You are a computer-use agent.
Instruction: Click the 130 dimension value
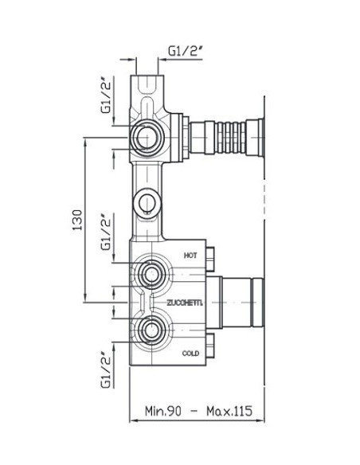click(77, 220)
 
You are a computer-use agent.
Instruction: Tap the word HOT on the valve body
click(190, 256)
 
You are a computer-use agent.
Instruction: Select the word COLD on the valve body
click(190, 354)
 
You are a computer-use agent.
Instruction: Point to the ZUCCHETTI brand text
click(185, 303)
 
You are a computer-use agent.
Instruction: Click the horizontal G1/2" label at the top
click(185, 51)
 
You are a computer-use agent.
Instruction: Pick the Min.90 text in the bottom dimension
click(162, 411)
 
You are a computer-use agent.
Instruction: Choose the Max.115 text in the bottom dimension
click(229, 411)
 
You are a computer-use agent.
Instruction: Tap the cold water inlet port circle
click(151, 330)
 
